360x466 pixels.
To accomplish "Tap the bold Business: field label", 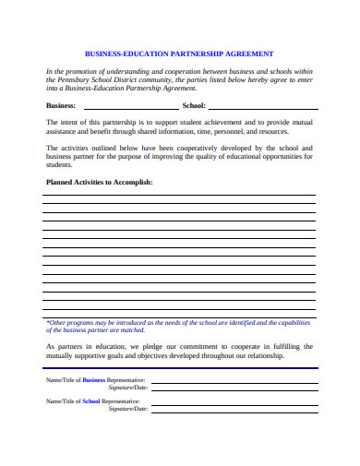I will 62,105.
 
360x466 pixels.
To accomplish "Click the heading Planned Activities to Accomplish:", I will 100,182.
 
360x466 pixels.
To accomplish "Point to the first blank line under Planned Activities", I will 180,195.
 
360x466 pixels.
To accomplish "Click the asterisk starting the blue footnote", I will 48,322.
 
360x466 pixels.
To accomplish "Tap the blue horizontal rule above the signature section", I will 180,368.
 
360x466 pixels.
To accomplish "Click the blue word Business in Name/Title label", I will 94,379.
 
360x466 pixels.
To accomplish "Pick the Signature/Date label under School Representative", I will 128,408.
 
